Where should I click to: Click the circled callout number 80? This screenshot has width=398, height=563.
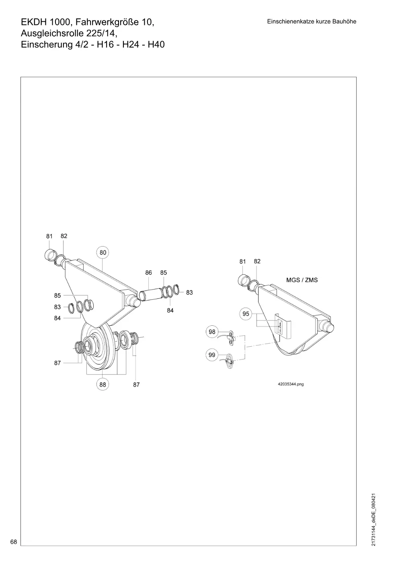pyautogui.click(x=103, y=253)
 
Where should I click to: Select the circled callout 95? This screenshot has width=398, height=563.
pyautogui.click(x=246, y=314)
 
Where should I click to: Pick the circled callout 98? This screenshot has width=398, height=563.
pyautogui.click(x=212, y=332)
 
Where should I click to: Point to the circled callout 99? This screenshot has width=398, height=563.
pyautogui.click(x=212, y=355)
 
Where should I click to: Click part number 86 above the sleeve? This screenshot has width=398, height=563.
pyautogui.click(x=148, y=273)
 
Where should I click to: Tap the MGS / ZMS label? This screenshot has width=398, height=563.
pyautogui.click(x=302, y=280)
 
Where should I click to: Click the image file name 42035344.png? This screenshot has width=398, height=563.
pyautogui.click(x=291, y=384)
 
